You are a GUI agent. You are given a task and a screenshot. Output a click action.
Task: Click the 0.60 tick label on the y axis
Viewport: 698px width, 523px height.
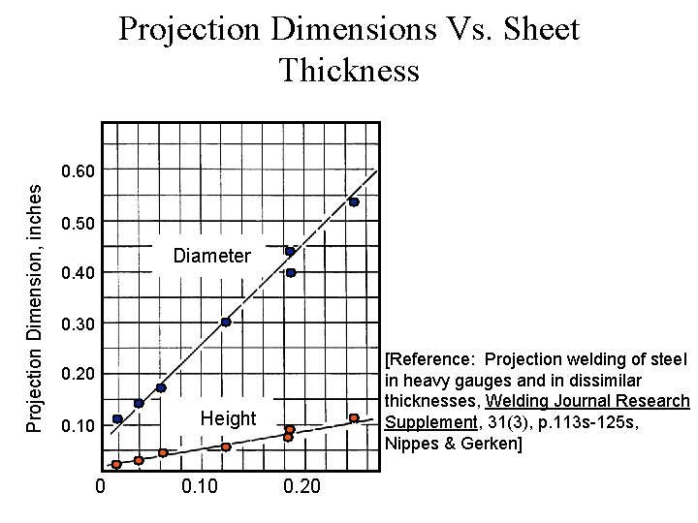pos(78,172)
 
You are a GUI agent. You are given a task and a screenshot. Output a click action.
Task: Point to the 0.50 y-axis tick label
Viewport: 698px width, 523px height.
pos(78,224)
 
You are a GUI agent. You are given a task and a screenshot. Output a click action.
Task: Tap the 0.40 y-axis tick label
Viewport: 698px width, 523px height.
pos(78,274)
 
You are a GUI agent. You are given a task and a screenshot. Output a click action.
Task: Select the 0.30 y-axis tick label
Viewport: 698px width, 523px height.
pos(78,323)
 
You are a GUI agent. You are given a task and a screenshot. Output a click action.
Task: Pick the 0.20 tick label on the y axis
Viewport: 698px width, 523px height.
pos(78,375)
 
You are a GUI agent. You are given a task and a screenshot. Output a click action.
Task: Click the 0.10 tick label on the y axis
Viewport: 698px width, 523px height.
pos(78,426)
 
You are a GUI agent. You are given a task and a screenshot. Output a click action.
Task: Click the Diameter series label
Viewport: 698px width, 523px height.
pos(211,257)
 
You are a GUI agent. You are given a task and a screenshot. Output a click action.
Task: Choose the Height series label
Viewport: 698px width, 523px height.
pos(228,418)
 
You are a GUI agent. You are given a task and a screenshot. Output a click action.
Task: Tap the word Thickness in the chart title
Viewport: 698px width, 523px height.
pos(349,70)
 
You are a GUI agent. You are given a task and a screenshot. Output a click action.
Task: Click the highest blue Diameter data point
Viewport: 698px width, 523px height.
pos(354,202)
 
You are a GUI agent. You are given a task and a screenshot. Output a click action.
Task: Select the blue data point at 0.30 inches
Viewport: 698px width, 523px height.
pos(226,323)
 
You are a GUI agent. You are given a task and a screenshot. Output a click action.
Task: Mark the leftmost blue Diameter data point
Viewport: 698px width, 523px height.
pos(117,419)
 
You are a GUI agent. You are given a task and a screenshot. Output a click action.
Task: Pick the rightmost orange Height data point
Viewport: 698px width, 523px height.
pos(354,418)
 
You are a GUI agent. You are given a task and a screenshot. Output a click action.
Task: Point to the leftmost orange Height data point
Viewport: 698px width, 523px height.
pos(116,465)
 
